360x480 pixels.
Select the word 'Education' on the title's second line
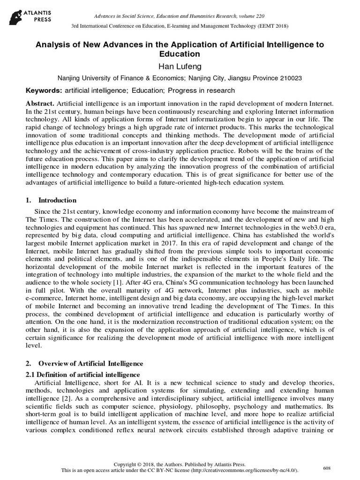(180, 54)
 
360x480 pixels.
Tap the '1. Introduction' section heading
(52, 200)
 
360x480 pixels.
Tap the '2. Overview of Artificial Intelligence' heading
(84, 364)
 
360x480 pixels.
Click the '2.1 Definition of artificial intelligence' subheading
(82, 375)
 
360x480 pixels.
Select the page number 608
(327, 468)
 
